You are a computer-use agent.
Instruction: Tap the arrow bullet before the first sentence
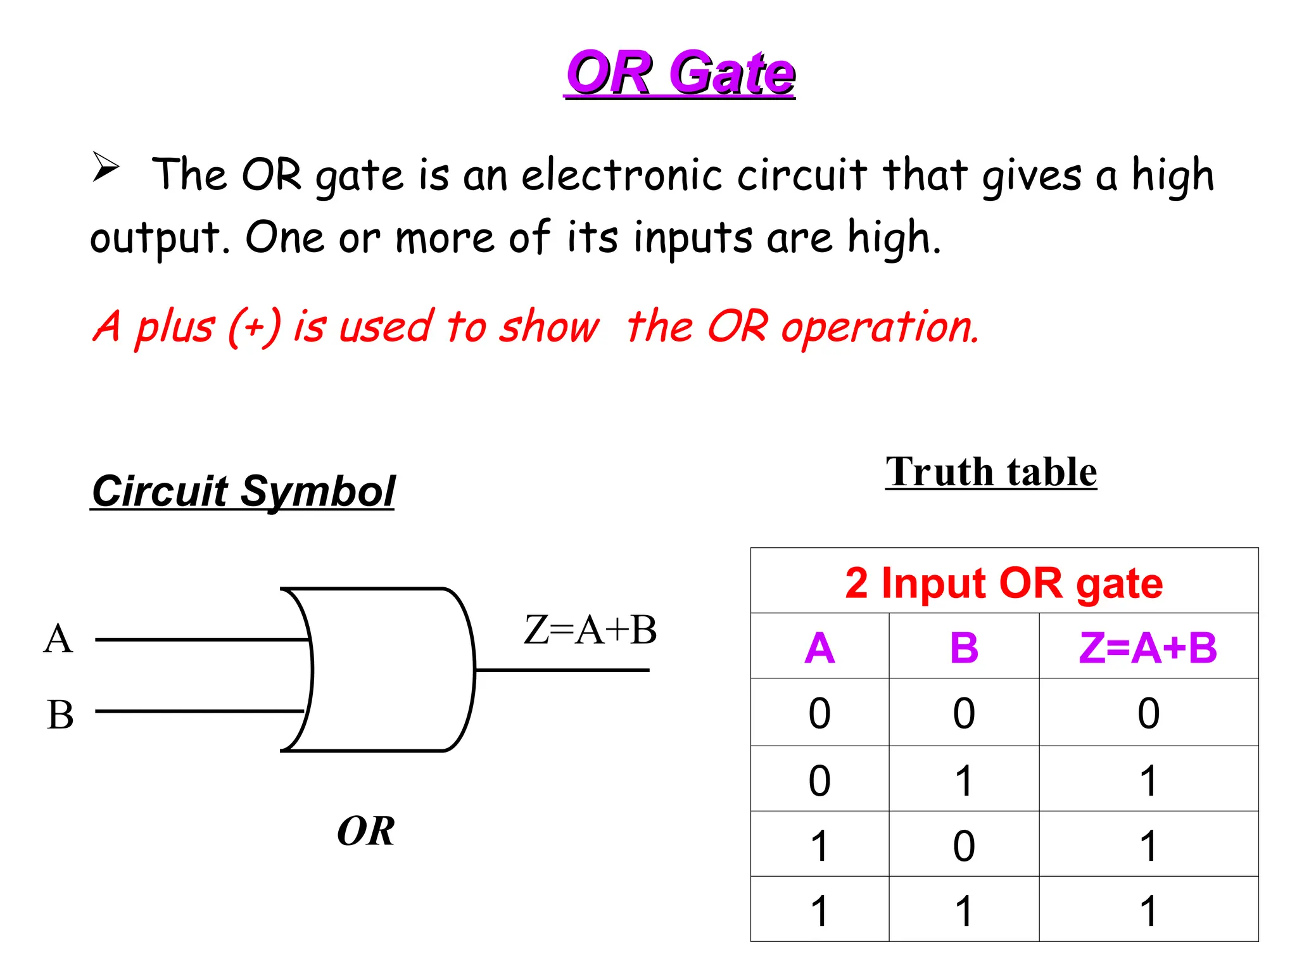(x=106, y=167)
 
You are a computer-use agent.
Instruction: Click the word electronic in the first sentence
(x=621, y=175)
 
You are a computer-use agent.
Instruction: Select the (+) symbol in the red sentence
(x=254, y=327)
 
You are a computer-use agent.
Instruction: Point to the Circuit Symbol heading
(x=243, y=491)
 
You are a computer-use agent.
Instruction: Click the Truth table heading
(x=991, y=472)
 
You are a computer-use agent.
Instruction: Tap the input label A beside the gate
(x=58, y=639)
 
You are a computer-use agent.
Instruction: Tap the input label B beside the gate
(x=60, y=715)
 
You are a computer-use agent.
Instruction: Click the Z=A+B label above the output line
(x=590, y=630)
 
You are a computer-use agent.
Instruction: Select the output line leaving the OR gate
(x=562, y=670)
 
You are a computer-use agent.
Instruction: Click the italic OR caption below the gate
(x=366, y=830)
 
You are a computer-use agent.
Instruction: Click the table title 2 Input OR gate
(x=1004, y=583)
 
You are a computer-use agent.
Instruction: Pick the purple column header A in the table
(x=819, y=648)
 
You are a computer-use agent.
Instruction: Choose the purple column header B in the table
(x=964, y=648)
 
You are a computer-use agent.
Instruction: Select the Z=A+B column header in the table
(x=1148, y=648)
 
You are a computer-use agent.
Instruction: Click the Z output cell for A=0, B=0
(x=1148, y=713)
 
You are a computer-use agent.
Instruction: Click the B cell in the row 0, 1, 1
(x=964, y=780)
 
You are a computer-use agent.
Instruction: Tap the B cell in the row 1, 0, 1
(x=964, y=846)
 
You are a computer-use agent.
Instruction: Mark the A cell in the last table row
(x=819, y=911)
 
